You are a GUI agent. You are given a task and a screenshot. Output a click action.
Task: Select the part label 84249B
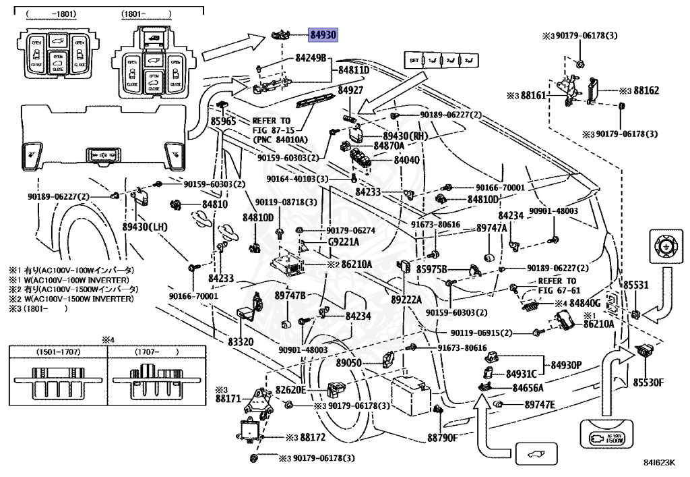(311, 59)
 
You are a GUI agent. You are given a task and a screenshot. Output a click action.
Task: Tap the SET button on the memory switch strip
(414, 61)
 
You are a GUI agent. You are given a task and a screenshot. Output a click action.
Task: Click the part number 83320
(241, 343)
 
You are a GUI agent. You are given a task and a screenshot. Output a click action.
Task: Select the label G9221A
(343, 242)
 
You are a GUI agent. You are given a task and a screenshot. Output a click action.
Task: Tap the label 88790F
(442, 437)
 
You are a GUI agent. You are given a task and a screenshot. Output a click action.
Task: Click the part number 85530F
(648, 383)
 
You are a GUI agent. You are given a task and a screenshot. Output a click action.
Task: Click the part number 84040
(406, 160)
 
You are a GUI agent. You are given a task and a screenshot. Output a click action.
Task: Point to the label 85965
(224, 122)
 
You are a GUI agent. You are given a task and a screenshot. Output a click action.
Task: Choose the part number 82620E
(290, 390)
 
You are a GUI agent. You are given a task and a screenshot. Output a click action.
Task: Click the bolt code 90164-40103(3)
(297, 179)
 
